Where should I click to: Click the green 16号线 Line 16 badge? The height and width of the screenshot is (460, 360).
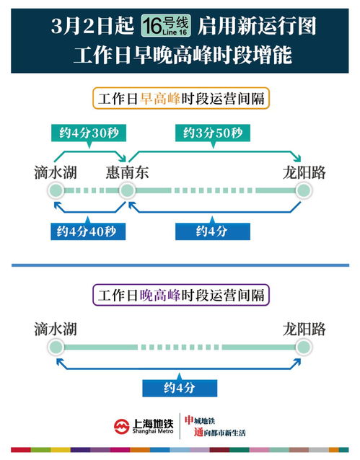166,26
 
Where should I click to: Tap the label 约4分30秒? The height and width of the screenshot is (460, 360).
89,133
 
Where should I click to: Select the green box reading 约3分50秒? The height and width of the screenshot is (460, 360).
213,133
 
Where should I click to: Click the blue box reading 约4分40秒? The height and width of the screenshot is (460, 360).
88,231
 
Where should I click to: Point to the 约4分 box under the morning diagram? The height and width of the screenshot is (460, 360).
213,231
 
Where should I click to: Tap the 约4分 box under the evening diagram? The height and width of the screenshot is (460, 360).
180,388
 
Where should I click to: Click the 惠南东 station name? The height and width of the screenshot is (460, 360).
127,172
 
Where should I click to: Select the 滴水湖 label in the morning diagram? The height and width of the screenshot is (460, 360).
56,172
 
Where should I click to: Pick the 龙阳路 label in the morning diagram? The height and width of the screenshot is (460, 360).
304,172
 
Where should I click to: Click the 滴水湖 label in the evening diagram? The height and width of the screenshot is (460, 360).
56,329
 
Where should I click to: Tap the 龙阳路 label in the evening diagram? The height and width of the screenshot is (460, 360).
304,329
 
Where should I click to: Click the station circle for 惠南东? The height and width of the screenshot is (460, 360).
127,190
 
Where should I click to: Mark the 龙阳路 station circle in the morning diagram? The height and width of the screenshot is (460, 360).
304,190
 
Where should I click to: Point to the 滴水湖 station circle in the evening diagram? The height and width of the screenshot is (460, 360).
56,347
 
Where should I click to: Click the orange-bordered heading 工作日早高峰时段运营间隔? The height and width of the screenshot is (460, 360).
181,99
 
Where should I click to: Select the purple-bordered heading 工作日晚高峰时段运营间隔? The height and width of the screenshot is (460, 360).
181,295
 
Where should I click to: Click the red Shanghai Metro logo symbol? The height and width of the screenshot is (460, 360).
122,426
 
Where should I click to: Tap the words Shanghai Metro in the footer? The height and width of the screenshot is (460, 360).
153,431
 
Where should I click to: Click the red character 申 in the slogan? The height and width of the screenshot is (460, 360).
189,420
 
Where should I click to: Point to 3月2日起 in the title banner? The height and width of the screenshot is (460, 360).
92,26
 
